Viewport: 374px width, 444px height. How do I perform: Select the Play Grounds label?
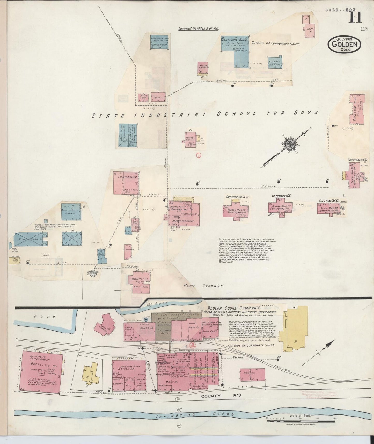coord(203,286)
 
